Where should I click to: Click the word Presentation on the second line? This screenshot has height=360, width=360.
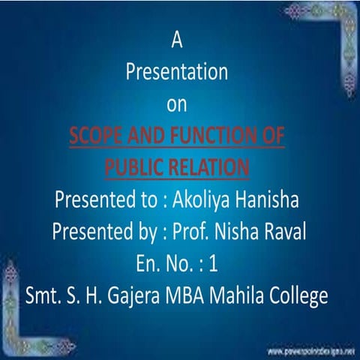coord(176,73)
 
